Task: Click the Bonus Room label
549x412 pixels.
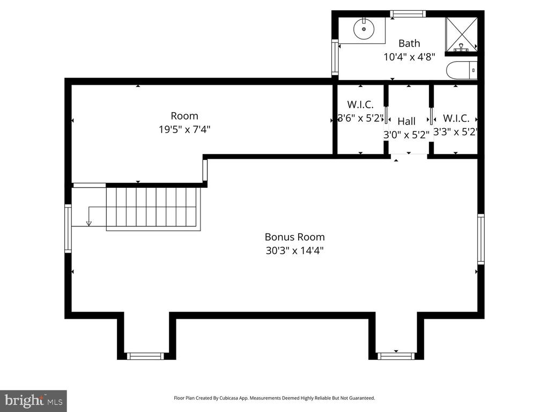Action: tap(294, 237)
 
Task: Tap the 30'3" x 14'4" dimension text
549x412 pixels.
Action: tap(294, 251)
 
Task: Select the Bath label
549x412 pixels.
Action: tap(409, 43)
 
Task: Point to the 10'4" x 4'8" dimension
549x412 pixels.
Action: tap(409, 57)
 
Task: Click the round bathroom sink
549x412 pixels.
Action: tap(364, 29)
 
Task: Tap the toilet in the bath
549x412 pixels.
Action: tap(462, 70)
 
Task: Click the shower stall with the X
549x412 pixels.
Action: tap(461, 34)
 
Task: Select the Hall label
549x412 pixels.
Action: tap(406, 121)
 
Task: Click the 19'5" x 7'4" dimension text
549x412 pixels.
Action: tap(184, 130)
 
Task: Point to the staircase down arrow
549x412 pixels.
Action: tap(89, 216)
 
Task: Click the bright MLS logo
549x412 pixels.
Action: tap(33, 401)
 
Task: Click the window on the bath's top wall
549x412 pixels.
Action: tap(408, 14)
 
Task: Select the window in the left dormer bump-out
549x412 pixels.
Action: tap(145, 356)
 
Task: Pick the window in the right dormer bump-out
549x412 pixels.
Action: tap(396, 356)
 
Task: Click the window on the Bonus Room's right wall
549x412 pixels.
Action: tap(481, 239)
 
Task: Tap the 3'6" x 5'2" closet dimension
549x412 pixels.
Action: tap(361, 118)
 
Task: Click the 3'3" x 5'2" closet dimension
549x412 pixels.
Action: tap(456, 132)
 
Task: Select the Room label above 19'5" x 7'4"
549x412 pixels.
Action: tap(184, 116)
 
